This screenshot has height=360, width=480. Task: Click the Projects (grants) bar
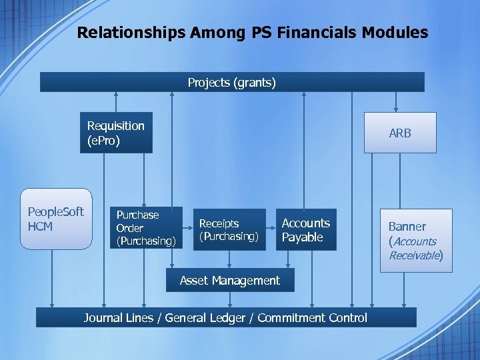tap(231, 82)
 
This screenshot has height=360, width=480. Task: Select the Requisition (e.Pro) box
tap(116, 133)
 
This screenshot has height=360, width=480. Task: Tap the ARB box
tap(400, 133)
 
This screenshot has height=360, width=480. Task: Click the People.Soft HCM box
tap(56, 219)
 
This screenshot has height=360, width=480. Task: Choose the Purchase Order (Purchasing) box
tap(146, 228)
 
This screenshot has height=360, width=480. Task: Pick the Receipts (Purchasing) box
tap(229, 230)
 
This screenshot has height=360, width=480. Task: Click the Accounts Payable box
tap(306, 230)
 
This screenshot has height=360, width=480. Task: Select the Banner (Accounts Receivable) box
tap(416, 240)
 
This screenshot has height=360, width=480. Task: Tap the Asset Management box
tap(229, 281)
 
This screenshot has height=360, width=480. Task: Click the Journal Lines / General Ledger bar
tap(225, 317)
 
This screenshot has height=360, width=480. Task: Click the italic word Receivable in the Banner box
tap(415, 255)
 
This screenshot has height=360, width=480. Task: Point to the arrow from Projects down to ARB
tap(396, 101)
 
